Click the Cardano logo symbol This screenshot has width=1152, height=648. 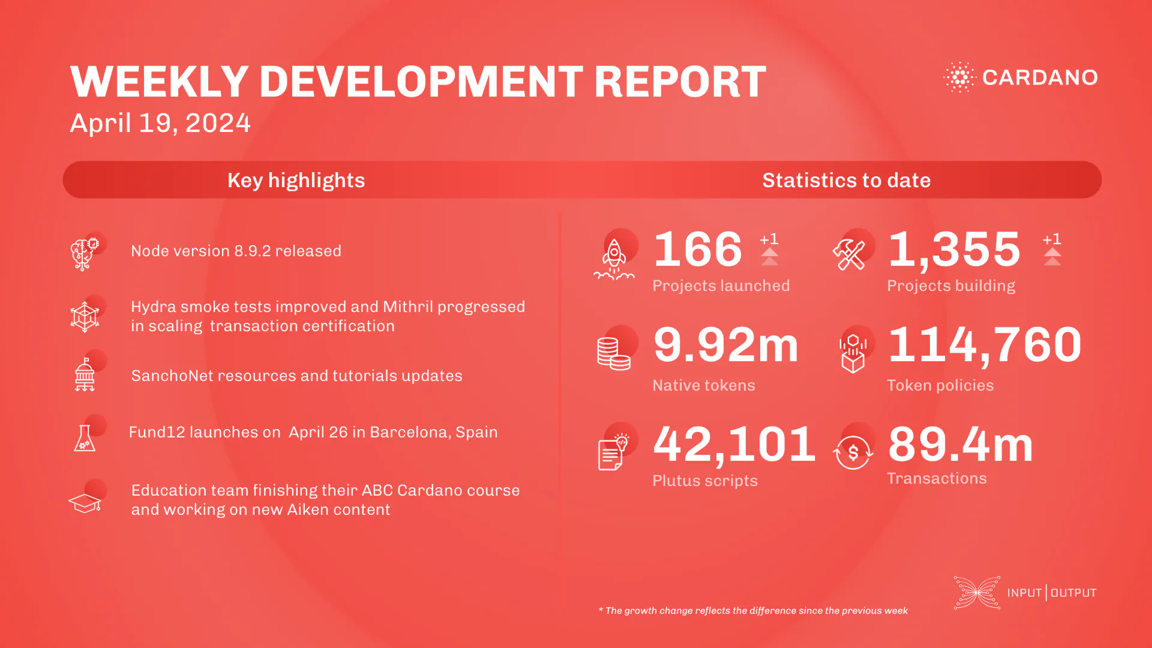[x=960, y=77]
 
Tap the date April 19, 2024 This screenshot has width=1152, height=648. [x=160, y=123]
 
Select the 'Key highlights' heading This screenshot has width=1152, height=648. [x=296, y=180]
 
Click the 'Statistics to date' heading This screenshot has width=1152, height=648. [x=846, y=180]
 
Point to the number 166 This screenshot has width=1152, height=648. [x=698, y=249]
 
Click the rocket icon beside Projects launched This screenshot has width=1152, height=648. [x=614, y=259]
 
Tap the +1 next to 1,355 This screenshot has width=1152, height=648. [x=1052, y=239]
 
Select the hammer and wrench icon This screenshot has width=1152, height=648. [x=849, y=255]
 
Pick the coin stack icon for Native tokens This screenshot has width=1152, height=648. [x=613, y=353]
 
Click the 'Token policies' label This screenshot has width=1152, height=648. [x=940, y=385]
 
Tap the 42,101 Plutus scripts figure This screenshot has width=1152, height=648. [x=734, y=445]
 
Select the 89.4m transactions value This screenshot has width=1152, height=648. [x=960, y=445]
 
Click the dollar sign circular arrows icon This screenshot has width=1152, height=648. [x=853, y=452]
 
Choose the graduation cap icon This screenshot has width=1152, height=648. [x=85, y=503]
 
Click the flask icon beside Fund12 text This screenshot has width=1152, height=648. [x=85, y=438]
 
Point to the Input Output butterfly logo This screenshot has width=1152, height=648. [x=977, y=593]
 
